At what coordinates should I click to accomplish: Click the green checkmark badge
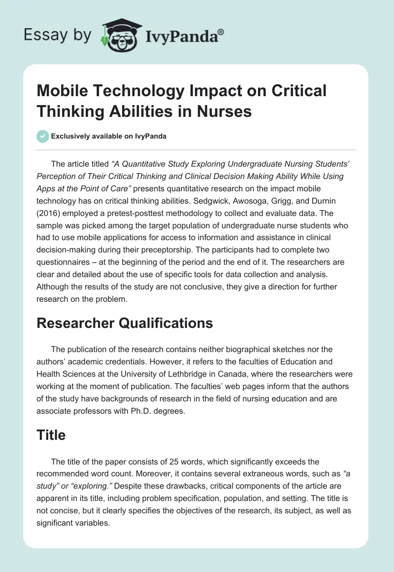click(x=43, y=136)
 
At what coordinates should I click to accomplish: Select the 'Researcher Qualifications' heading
click(x=125, y=323)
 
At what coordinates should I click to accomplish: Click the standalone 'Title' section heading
click(x=51, y=434)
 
